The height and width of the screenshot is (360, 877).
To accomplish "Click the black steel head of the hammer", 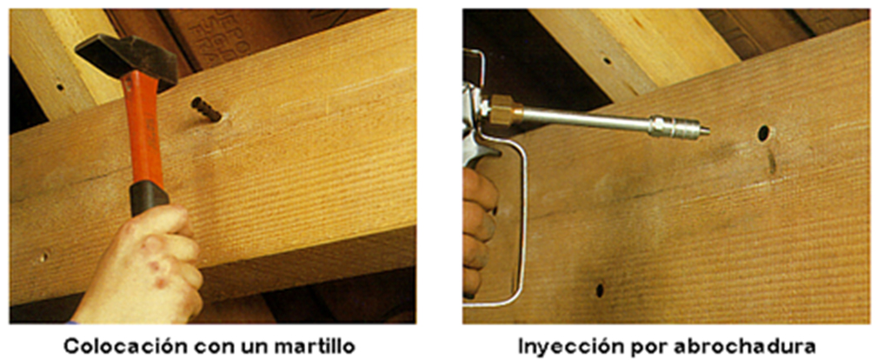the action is (x=126, y=61).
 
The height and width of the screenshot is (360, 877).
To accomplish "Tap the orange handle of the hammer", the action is (x=145, y=130).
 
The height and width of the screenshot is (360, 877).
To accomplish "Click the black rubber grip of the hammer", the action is (x=149, y=198).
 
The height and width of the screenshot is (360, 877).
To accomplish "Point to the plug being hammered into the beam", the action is (x=206, y=110).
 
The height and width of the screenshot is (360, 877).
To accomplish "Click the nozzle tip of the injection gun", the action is (x=706, y=131).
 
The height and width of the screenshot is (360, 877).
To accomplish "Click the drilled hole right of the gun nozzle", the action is (x=763, y=133).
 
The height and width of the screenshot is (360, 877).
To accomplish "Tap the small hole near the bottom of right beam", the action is (x=600, y=290).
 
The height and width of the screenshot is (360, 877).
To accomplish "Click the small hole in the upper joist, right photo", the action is (x=607, y=59).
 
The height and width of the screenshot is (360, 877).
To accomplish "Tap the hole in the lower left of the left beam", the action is (x=43, y=257).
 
